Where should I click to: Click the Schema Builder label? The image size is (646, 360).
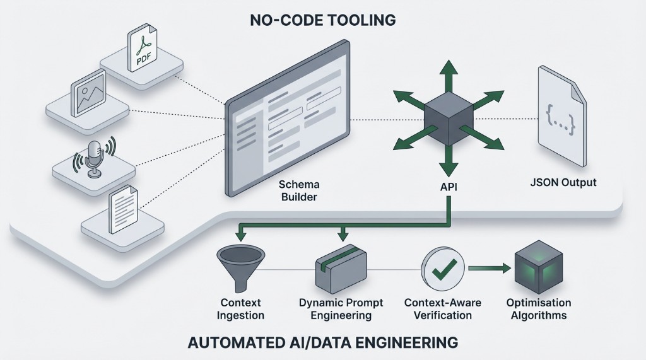pos(298,190)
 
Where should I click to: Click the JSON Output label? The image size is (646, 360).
pos(563,183)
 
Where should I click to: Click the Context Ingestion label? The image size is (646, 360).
pos(241,309)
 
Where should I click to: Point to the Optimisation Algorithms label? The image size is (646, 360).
pos(539,309)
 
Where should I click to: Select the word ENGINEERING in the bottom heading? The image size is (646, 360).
pos(397,343)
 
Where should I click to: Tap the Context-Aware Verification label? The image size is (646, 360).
pos(442,309)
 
